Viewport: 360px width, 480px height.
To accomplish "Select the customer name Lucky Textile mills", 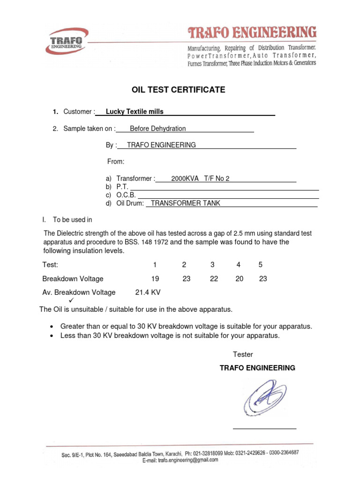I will pos(135,112).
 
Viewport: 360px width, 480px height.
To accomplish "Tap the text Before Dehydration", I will pos(157,128).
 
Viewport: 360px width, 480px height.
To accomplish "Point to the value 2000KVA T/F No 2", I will pos(200,179).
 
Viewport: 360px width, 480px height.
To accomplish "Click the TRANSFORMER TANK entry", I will pos(185,203).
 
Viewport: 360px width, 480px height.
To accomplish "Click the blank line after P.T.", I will pos(220,187).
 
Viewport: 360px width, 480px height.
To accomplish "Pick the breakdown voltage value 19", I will pos(155,278).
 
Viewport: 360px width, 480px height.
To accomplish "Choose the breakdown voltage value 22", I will pos(214,278).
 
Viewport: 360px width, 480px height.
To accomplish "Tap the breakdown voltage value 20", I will pos(240,278).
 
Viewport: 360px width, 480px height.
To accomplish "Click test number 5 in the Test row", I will pos(261,265).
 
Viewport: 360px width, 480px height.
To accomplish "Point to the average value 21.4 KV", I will pos(148,292).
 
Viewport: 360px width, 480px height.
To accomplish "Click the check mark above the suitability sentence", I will pos(72,300).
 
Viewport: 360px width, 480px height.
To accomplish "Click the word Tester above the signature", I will pos(243,354).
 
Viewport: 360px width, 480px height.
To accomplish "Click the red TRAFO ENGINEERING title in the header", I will pos(252,33).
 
